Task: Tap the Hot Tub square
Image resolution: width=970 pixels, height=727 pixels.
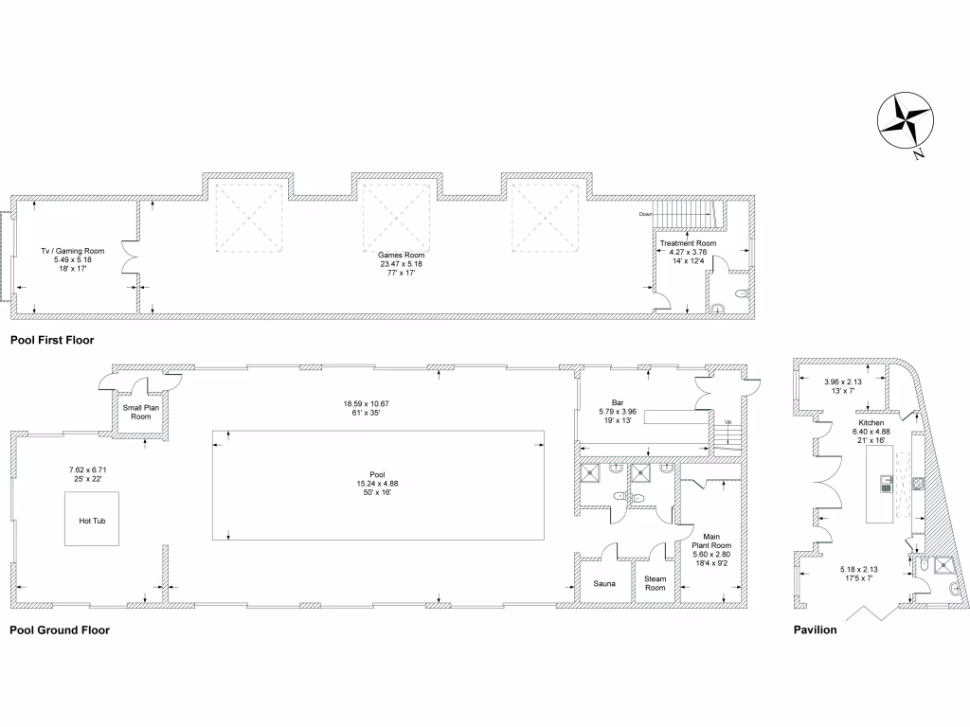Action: [93, 520]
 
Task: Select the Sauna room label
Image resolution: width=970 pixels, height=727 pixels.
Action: [604, 583]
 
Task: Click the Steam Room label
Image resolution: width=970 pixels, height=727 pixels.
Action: [656, 583]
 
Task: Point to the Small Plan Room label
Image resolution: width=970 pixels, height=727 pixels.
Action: [141, 412]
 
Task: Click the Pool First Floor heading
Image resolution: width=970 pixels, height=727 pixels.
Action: [52, 339]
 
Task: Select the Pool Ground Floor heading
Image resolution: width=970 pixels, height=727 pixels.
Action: [60, 629]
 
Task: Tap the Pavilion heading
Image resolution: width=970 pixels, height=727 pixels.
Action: [815, 629]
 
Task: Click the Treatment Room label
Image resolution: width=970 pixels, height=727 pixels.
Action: [689, 243]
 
